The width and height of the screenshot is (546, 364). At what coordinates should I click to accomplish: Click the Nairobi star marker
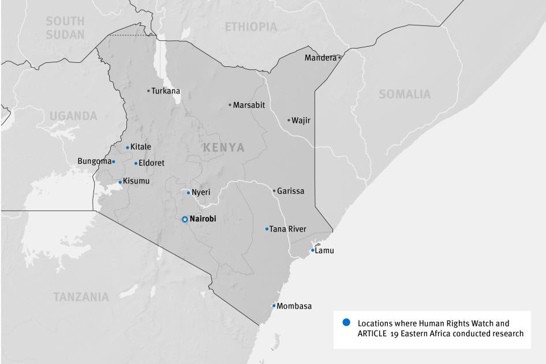pos(185,219)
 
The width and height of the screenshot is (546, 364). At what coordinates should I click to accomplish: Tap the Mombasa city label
pos(294,306)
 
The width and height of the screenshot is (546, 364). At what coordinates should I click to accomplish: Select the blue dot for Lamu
pos(313,250)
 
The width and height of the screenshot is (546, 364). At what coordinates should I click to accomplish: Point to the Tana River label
pos(288,229)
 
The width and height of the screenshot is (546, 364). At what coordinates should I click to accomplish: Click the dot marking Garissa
pos(274,191)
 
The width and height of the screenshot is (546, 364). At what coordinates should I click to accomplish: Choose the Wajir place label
pos(301,121)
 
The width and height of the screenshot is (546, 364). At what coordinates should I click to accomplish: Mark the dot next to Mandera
pos(339,58)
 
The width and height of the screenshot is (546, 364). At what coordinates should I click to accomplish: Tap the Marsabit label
pos(249,105)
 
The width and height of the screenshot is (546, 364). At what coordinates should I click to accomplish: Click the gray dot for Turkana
pos(148,91)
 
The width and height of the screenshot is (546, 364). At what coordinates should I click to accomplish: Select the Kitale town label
pos(140,147)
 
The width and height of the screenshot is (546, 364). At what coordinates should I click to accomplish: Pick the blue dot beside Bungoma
pos(114,162)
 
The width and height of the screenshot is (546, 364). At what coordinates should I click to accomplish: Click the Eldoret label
pos(151,163)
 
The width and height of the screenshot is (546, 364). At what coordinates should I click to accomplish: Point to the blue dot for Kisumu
pos(120,182)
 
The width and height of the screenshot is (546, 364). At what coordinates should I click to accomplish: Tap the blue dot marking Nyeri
pos(188,193)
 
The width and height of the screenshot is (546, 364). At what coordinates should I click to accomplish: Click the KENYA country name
pos(223,148)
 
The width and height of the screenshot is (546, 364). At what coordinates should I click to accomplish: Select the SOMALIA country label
pos(405,94)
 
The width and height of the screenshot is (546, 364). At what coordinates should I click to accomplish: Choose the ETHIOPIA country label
pos(250,27)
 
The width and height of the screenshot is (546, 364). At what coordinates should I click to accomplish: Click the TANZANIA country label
pos(81,297)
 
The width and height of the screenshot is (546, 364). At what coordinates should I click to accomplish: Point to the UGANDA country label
pos(73,116)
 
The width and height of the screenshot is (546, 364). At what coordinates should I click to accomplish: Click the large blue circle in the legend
pos(346,322)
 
